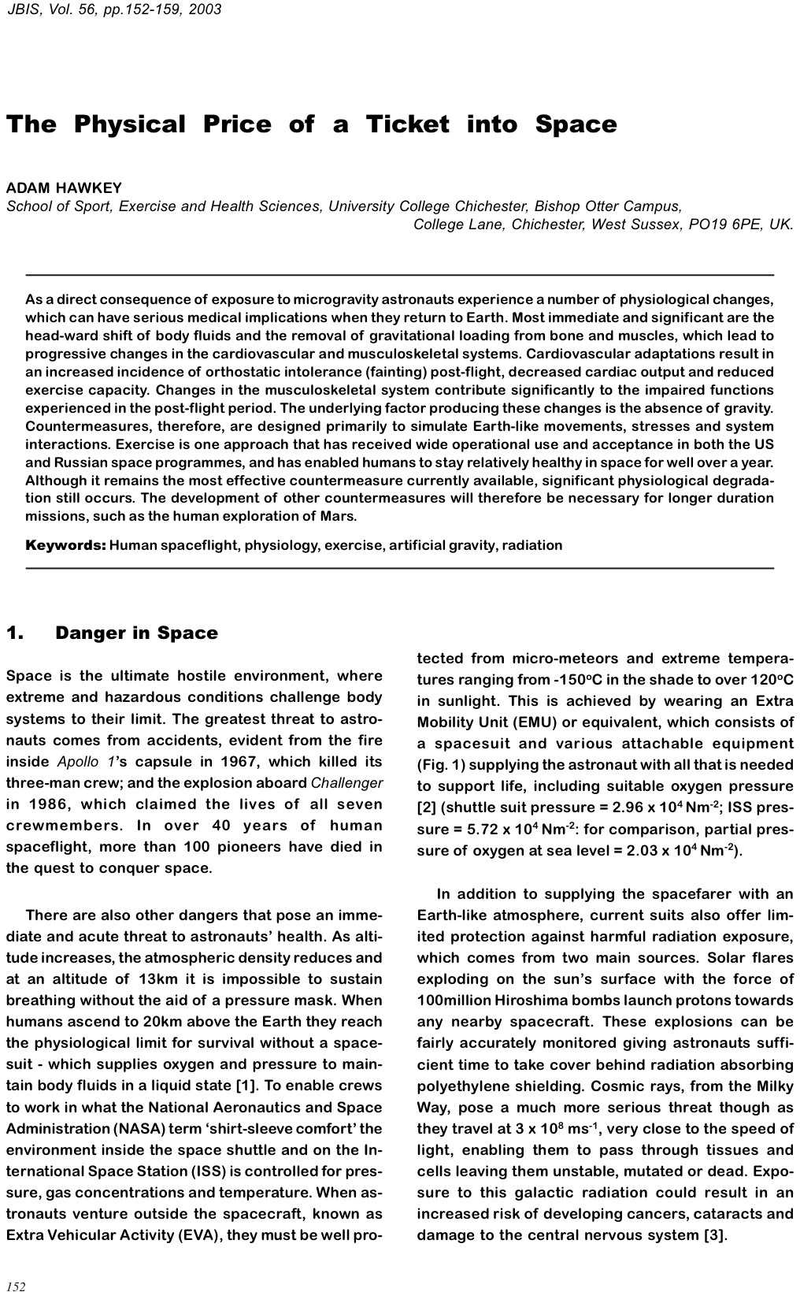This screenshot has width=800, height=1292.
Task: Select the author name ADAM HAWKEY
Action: [x=64, y=187]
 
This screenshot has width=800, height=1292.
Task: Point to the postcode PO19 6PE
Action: [x=724, y=225]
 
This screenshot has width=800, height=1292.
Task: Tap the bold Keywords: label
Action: [x=65, y=545]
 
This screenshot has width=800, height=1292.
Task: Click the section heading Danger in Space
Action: [x=136, y=633]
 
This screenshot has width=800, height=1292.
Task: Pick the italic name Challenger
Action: [x=346, y=783]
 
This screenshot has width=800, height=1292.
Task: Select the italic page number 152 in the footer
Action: [x=17, y=1286]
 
